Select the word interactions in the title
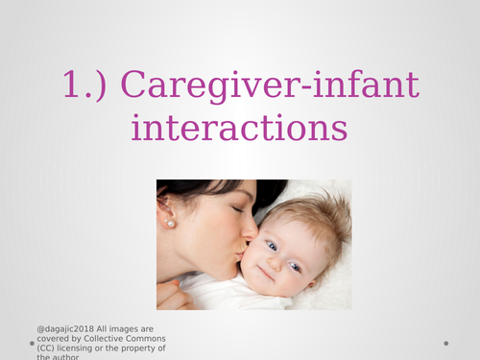coord(240,128)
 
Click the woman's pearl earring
coord(171,224)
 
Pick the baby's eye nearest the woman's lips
coord(272,245)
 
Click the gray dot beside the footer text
coord(32,343)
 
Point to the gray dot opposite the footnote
coord(447,343)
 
